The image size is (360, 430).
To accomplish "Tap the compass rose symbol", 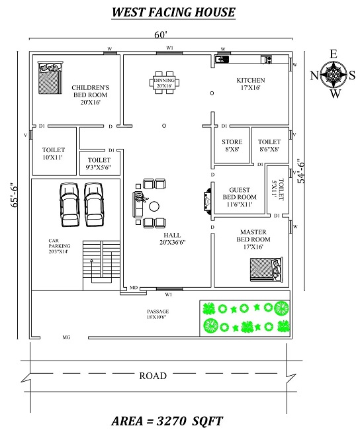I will pos(334,75).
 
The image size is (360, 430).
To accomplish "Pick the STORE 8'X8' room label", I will pos(231,145).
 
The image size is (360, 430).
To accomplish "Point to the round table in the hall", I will pos(155,207).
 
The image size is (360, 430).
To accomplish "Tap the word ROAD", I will pos(152,376).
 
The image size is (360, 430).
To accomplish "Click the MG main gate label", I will pos(66,337).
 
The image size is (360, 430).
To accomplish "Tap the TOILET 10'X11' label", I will pos(53,153).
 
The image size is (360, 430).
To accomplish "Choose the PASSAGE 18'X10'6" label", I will pos(158,314).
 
